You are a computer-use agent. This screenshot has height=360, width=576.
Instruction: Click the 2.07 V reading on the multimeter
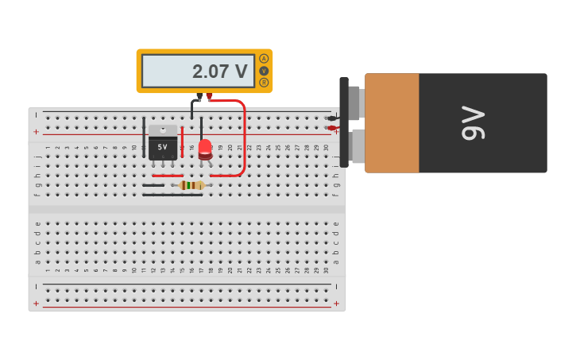point(219,72)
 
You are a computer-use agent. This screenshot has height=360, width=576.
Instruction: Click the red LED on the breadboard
point(205,149)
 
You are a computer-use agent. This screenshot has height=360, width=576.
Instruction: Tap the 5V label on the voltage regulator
point(163,147)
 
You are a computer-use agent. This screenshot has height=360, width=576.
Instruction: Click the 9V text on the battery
point(474,122)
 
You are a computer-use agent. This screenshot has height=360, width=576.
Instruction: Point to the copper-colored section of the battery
point(392,122)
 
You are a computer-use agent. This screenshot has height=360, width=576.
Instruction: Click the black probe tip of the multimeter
point(199,97)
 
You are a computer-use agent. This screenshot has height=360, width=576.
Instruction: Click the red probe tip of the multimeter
point(209,97)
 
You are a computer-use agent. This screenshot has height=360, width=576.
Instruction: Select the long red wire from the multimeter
point(243,135)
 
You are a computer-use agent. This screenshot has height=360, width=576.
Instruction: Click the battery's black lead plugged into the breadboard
point(331,118)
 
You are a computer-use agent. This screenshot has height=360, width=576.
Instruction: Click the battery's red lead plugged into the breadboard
point(331,128)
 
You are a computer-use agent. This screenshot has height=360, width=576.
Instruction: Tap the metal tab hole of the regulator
point(163,129)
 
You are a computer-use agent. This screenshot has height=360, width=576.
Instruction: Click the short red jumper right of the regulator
point(182,141)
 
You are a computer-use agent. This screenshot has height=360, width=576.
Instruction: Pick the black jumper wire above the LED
point(201,127)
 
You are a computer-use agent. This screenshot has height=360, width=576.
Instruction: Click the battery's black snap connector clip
point(344,122)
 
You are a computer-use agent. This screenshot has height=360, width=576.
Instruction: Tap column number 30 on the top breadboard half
point(326,148)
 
